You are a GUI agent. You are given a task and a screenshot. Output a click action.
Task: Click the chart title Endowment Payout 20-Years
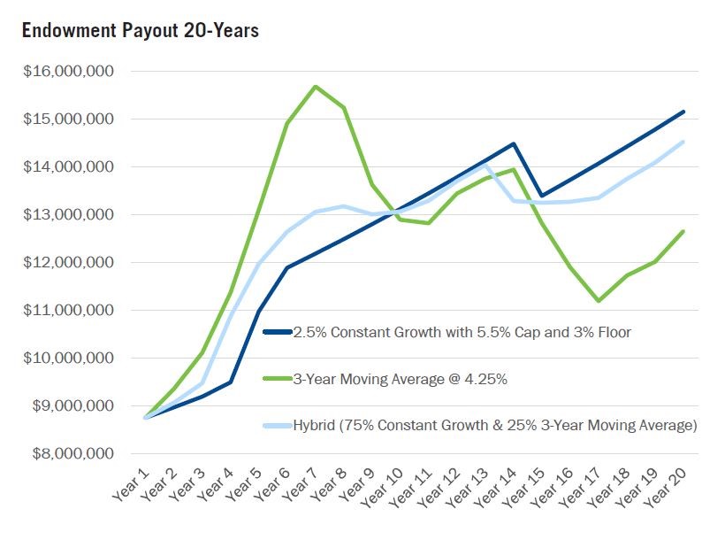[x=140, y=30]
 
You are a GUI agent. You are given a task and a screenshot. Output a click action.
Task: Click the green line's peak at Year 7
[x=316, y=86]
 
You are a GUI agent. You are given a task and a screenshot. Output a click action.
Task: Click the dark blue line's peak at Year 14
[x=514, y=143]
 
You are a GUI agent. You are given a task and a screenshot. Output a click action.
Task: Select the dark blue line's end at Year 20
[x=683, y=112]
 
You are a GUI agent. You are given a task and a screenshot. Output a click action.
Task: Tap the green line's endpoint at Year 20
[x=683, y=231]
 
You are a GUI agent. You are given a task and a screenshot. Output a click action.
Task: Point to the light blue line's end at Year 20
[x=683, y=142]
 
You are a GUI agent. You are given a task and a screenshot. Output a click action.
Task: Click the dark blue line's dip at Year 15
[x=542, y=196]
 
